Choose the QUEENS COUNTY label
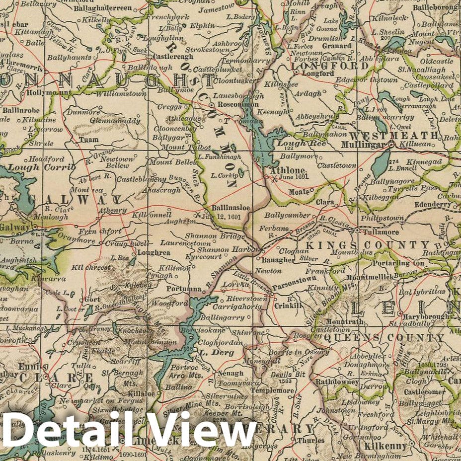point(384,338)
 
